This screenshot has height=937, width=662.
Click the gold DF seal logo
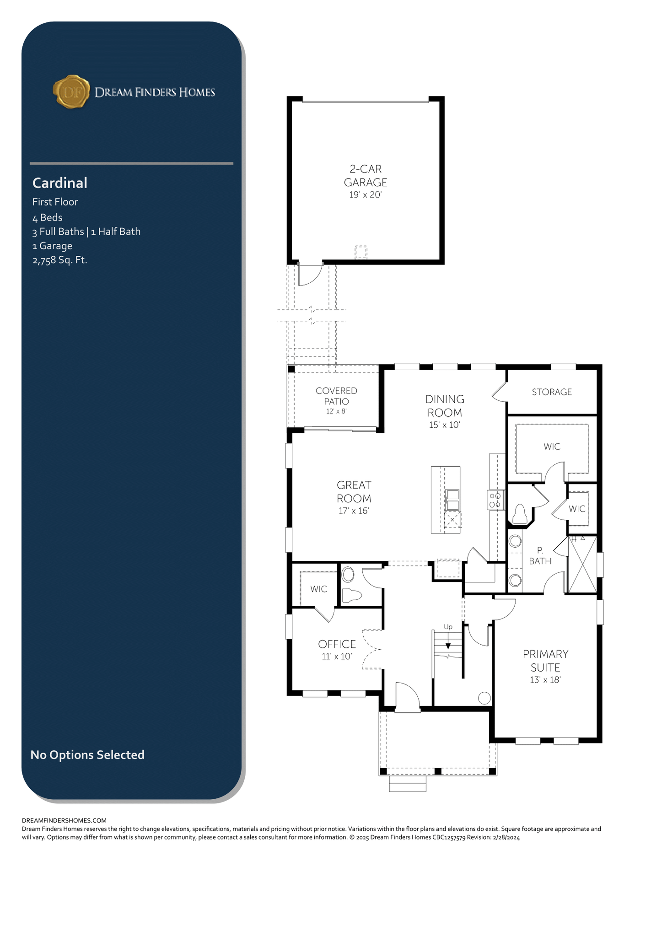coord(71,92)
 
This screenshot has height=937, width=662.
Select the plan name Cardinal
coord(60,183)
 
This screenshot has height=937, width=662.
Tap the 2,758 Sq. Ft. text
coord(60,260)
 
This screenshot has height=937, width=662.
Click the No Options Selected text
coord(87,754)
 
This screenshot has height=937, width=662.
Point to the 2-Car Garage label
coord(366,176)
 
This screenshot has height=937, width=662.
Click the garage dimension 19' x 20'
coord(366,195)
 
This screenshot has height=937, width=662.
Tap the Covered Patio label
coord(336,396)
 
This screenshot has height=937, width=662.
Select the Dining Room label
coord(444,405)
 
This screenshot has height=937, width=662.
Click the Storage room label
coord(552,392)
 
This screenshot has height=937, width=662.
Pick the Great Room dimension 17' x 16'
coord(354,511)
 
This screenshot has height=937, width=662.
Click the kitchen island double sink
coord(452,500)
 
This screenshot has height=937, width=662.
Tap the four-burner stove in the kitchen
coord(495,500)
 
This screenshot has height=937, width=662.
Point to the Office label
coord(337,644)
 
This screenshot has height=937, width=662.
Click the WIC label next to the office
coord(319,589)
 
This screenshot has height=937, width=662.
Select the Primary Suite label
coord(546,661)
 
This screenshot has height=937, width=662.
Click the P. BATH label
coord(540,556)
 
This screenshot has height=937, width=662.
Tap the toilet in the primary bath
coord(520,514)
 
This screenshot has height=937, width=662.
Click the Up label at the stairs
coord(448,627)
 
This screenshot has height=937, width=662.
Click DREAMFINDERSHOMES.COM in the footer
coord(64,821)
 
